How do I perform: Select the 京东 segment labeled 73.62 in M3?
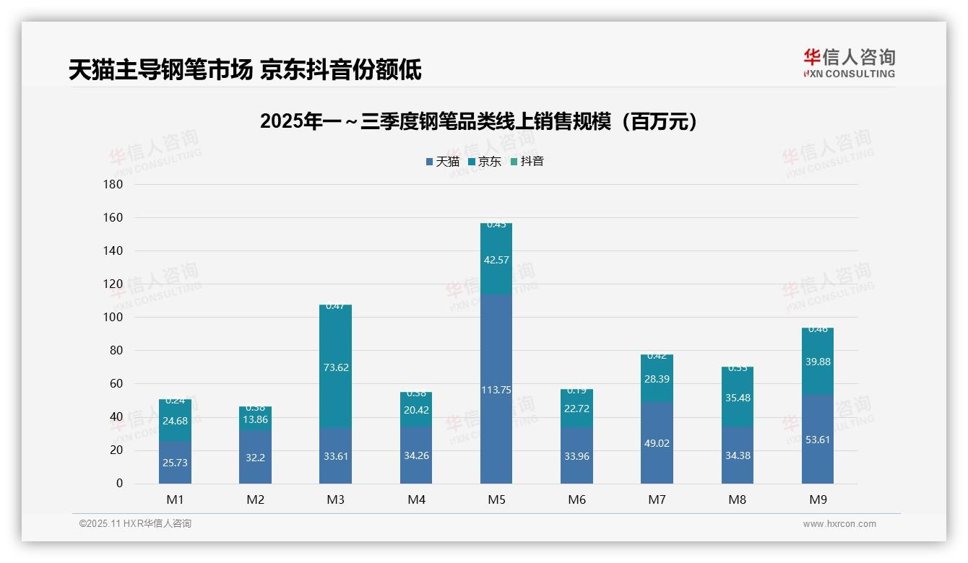335,367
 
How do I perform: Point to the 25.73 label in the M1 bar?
175,463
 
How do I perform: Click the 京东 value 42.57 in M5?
496,261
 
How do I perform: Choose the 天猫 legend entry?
442,162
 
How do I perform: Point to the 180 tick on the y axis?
114,185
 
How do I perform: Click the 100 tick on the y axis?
114,318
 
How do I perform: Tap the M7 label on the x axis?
656,499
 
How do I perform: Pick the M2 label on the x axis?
255,499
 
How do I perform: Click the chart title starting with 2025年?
481,121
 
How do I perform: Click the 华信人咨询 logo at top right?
849,63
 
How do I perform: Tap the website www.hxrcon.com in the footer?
839,524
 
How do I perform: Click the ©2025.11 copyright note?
135,524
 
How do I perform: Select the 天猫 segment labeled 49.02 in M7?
657,443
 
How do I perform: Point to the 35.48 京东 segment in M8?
737,398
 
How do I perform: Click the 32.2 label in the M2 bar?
255,458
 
